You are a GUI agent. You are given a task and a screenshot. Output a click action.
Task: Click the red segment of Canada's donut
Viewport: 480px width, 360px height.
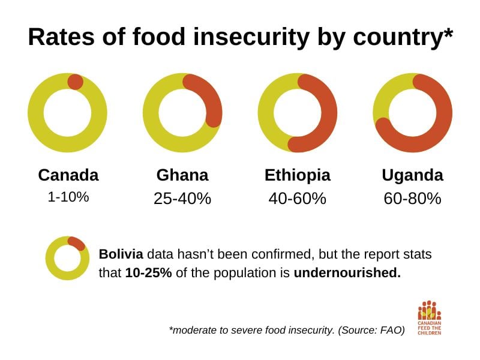coord(76,82)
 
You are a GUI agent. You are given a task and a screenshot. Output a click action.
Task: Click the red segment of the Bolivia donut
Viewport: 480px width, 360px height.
coord(77,243)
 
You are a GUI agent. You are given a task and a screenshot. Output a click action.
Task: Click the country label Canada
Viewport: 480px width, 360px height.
coord(68,175)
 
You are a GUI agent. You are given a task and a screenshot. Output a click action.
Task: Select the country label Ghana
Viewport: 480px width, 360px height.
coord(182,175)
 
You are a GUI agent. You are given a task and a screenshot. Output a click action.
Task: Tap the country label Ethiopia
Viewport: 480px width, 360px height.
coord(298,175)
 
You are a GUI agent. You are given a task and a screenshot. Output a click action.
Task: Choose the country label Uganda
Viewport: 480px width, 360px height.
coord(413,176)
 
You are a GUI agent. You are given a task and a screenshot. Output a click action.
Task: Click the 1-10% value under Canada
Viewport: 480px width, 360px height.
coord(68,197)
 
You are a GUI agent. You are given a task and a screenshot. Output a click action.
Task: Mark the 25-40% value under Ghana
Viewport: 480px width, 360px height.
coord(182,199)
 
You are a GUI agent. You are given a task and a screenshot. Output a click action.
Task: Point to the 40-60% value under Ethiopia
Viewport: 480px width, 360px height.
coord(298,199)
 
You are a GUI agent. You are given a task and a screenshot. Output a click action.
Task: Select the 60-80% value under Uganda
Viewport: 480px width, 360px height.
coord(413,199)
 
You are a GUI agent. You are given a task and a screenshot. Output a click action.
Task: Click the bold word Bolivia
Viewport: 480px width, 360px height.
coord(121,254)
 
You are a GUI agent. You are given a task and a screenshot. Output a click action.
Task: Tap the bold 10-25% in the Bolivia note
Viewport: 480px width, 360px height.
coord(149,272)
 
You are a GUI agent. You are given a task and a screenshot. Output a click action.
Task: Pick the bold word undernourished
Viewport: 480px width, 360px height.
coord(347,272)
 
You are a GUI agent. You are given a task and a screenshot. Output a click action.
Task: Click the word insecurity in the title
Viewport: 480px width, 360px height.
coord(251,37)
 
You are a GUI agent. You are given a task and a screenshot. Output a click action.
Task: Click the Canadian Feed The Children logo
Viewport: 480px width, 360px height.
coord(430,318)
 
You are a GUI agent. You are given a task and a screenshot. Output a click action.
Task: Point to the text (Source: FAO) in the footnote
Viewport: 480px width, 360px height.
coord(371,330)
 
